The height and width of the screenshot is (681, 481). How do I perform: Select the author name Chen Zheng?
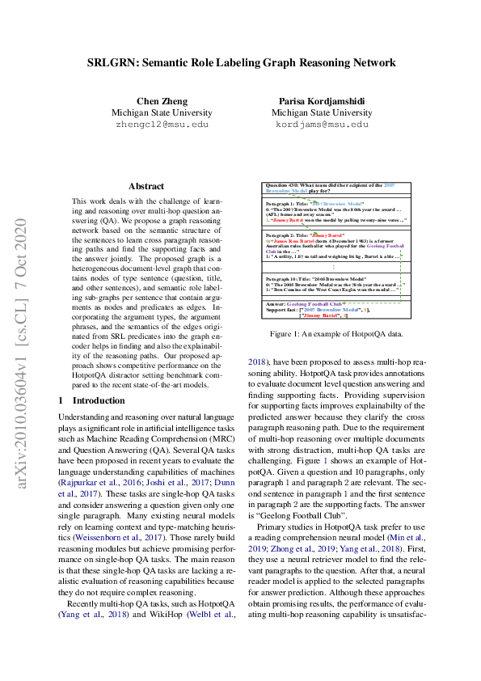click(x=162, y=101)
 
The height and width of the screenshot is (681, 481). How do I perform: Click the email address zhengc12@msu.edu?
click(x=162, y=125)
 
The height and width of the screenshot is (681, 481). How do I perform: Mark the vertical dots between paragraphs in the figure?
click(x=334, y=268)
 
